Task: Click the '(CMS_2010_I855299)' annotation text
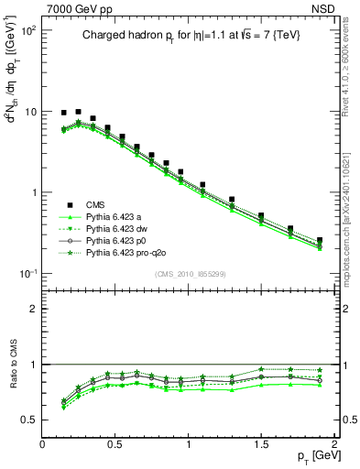point(189,274)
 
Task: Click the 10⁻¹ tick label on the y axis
point(29,274)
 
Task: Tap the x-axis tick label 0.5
point(115,444)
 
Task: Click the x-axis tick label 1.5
point(261,444)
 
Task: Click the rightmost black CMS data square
point(319,240)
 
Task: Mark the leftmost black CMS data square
point(63,113)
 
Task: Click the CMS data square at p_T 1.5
point(261,216)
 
